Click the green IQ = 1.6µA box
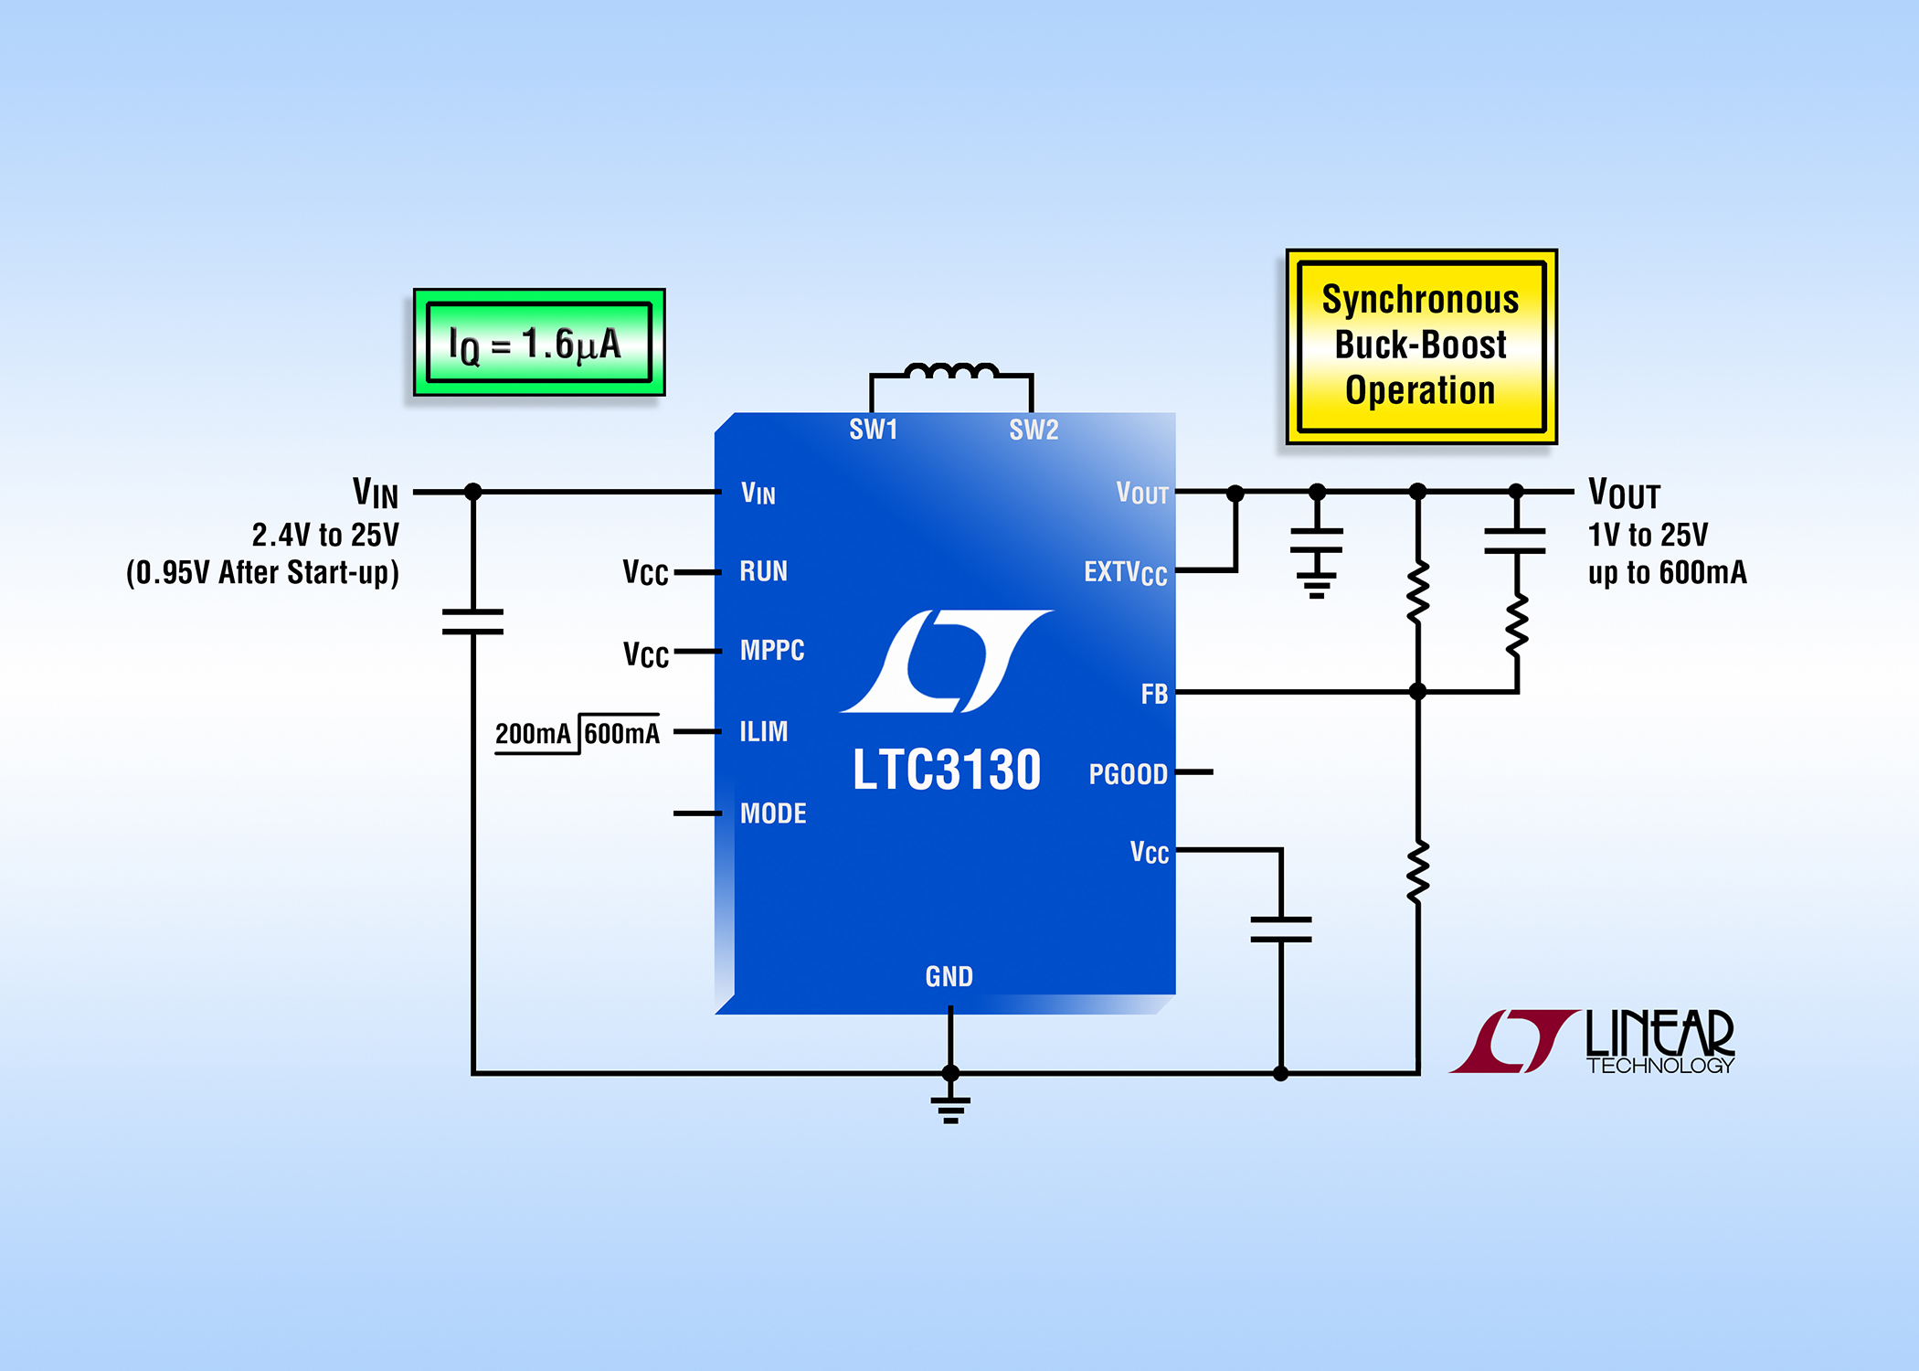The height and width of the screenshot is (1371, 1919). pyautogui.click(x=539, y=343)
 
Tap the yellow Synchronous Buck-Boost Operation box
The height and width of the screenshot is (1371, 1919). pyautogui.click(x=1422, y=346)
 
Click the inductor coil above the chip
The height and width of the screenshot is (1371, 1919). pyautogui.click(x=951, y=370)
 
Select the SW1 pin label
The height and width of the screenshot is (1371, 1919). pyautogui.click(x=874, y=430)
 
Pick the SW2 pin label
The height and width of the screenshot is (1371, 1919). pyautogui.click(x=1034, y=430)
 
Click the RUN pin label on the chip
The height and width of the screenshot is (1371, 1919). pyautogui.click(x=763, y=572)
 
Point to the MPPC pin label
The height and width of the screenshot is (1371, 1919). pyautogui.click(x=772, y=651)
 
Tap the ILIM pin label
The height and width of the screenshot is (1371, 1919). pyautogui.click(x=763, y=731)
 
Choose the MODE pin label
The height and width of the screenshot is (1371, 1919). pyautogui.click(x=773, y=813)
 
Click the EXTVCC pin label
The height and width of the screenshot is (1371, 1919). pyautogui.click(x=1126, y=573)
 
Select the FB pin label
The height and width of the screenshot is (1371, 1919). pyautogui.click(x=1154, y=695)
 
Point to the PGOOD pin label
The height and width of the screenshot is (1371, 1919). pyautogui.click(x=1129, y=774)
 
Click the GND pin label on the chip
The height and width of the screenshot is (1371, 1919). pyautogui.click(x=949, y=977)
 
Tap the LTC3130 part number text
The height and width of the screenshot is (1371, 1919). pyautogui.click(x=947, y=770)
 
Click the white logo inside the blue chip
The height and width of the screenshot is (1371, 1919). pyautogui.click(x=947, y=661)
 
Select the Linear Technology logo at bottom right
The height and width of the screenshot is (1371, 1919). pyautogui.click(x=1592, y=1041)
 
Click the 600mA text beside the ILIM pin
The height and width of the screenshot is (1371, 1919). pyautogui.click(x=621, y=733)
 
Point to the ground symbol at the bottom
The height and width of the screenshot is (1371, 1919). pyautogui.click(x=950, y=1109)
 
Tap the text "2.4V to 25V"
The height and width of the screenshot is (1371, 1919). pyautogui.click(x=325, y=535)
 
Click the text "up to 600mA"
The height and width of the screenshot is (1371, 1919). pyautogui.click(x=1668, y=573)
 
